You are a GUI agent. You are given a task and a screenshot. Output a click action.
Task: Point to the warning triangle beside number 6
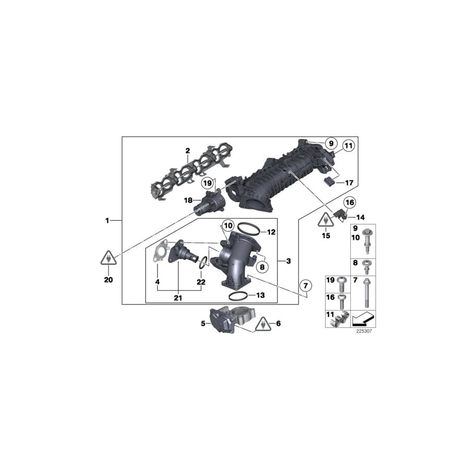point(264,325)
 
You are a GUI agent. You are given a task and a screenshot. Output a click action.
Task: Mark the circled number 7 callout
point(305,285)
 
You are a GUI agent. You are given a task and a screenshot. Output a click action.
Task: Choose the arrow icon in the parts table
point(363,317)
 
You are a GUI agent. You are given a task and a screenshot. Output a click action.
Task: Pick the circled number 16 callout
point(349,202)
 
